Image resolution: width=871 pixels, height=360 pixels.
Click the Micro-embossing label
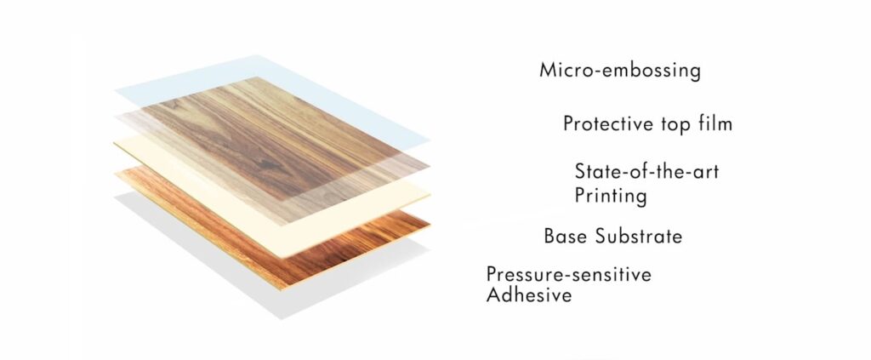[x=620, y=70]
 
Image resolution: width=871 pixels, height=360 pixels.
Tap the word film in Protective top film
[x=714, y=124]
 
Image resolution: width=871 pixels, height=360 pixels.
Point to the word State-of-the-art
[x=646, y=171]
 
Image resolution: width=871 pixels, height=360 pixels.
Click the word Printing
[x=611, y=196]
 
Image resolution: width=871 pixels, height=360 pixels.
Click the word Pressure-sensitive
[x=568, y=274]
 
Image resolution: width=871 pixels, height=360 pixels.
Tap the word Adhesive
[x=529, y=295]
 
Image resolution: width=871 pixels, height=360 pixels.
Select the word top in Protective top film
[x=673, y=125]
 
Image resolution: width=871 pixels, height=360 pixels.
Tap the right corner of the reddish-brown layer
[x=428, y=224]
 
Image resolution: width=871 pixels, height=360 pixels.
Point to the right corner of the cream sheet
[x=430, y=195]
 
